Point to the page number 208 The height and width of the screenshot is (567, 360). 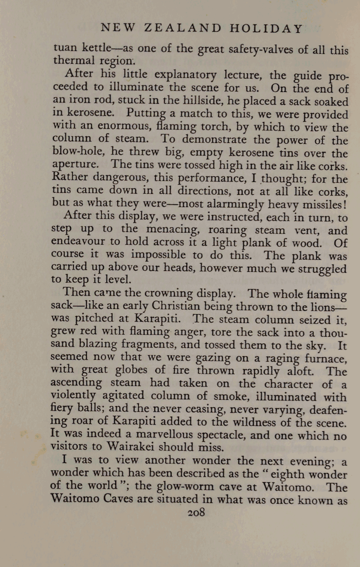[197, 512]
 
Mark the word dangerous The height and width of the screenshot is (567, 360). [115, 178]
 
